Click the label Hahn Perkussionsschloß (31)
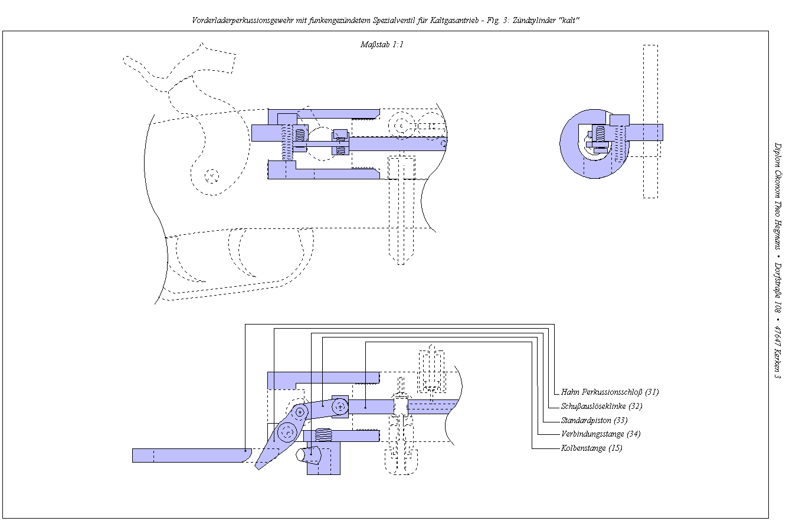pos(610,392)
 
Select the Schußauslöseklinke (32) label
pos(601,406)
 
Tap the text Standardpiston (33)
pos(594,420)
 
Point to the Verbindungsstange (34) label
pos(600,434)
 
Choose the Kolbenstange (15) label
pos(591,448)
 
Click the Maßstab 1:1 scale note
pos(381,44)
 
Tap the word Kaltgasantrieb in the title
pos(451,20)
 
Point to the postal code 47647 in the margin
pos(777,337)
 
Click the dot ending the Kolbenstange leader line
pos(366,407)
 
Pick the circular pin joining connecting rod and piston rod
pos(340,406)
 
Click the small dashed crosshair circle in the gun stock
pos(212,175)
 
